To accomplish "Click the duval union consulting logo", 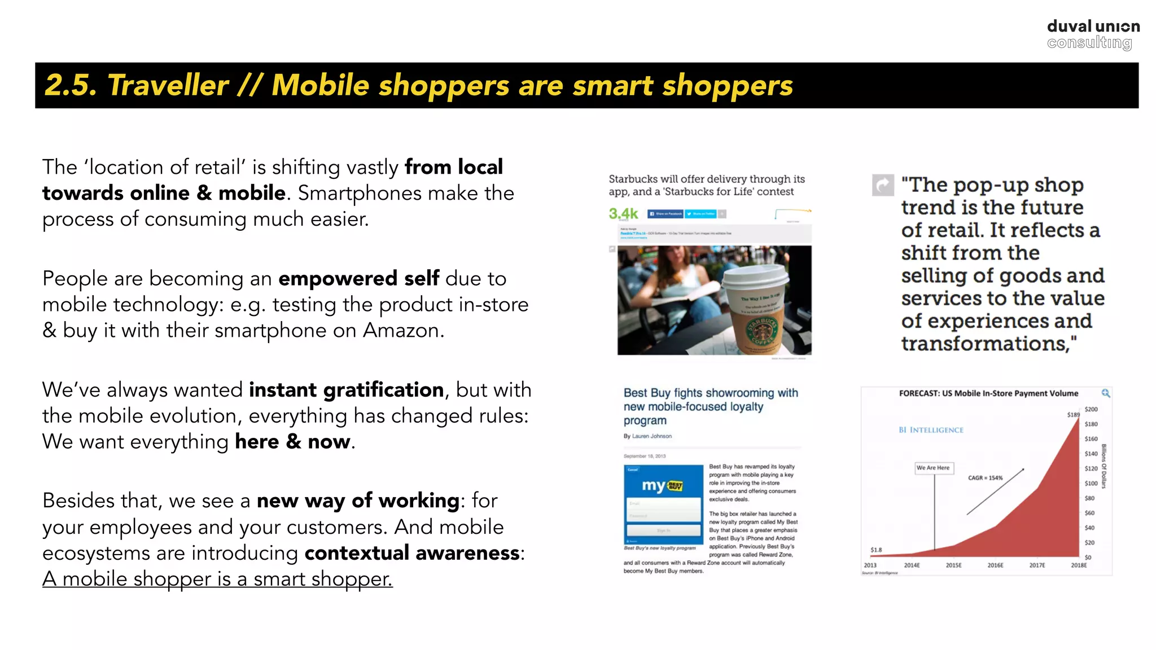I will tap(1093, 34).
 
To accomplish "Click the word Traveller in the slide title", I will tap(168, 86).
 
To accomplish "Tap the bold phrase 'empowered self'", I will tap(358, 279).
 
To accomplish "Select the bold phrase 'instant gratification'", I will tap(346, 390).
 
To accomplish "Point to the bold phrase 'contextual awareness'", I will tap(412, 553).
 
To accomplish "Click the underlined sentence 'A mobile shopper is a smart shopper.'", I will tap(217, 579).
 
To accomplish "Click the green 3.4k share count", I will tap(623, 214).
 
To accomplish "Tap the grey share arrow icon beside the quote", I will tap(883, 185).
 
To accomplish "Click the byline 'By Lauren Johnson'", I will tap(647, 436).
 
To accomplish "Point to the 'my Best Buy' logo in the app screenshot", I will tap(663, 485).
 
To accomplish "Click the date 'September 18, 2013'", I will tap(645, 456).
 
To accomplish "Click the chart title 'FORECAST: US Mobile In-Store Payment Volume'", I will tap(988, 393).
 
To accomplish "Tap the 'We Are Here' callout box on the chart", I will tap(933, 468).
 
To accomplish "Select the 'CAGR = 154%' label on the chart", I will tap(985, 478).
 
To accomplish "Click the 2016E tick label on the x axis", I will tap(995, 565).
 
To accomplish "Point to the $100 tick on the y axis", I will tap(1091, 484).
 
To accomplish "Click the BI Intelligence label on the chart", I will tap(931, 430).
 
